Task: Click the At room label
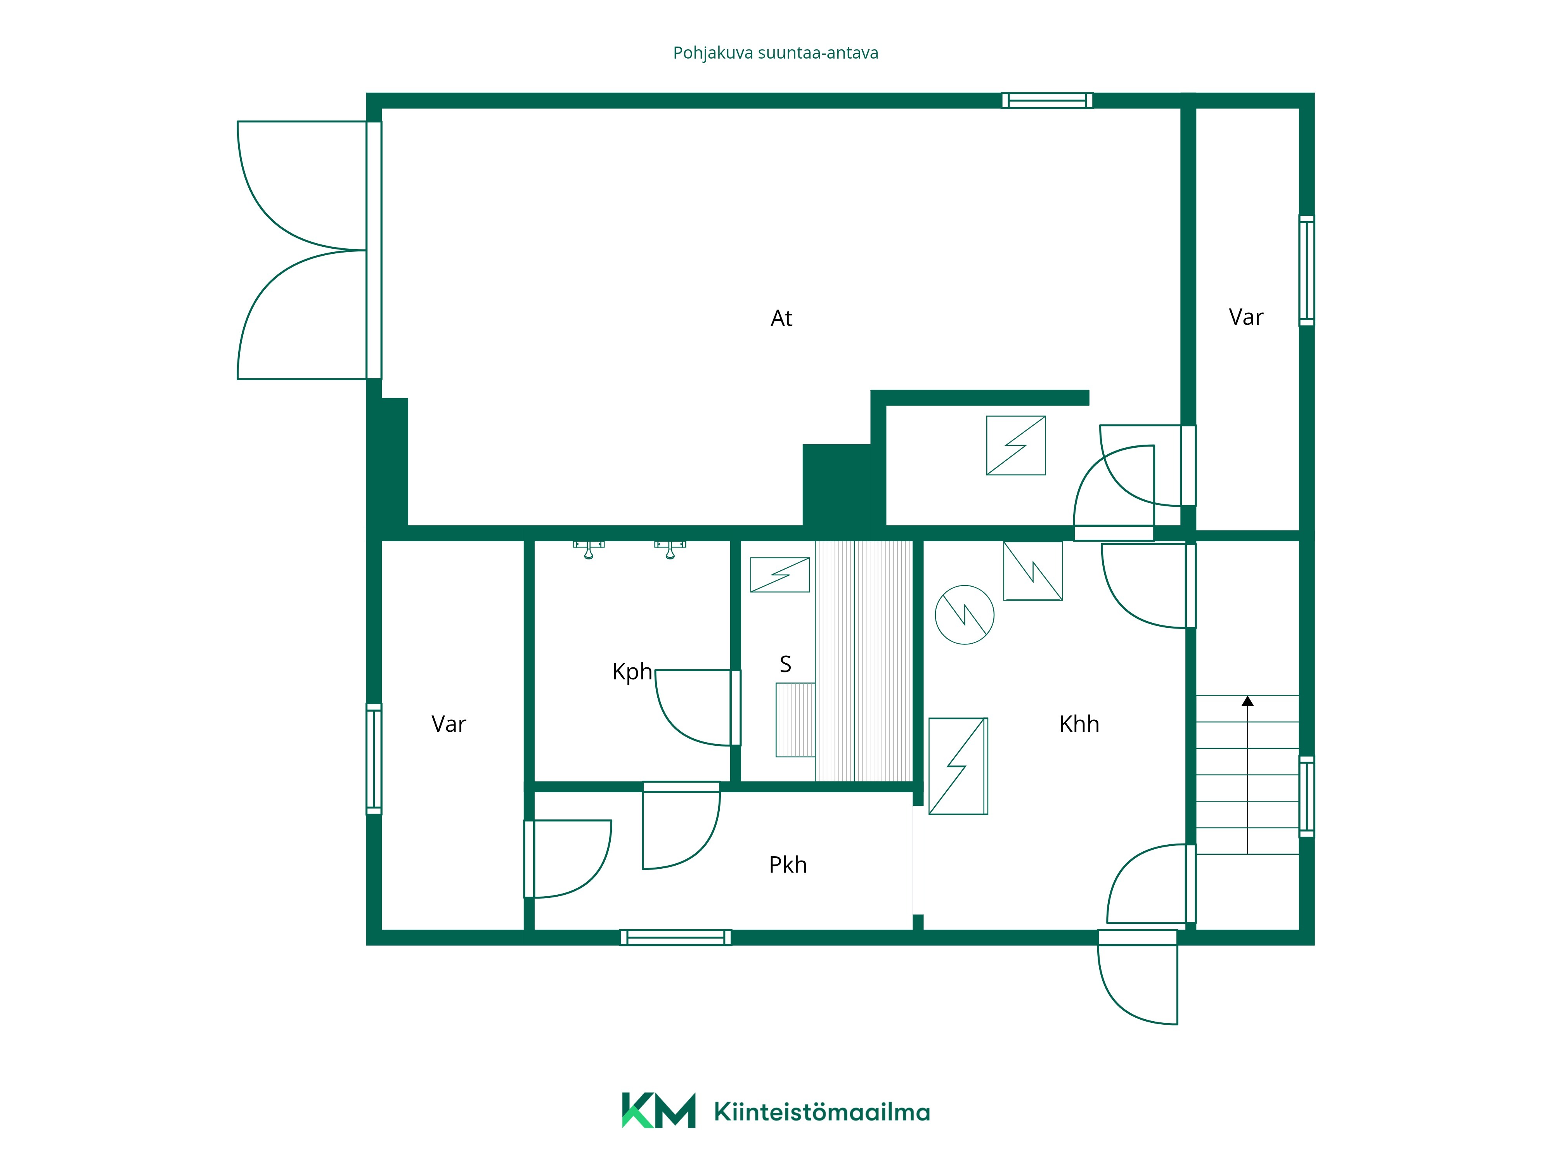point(781,319)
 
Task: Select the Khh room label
point(1079,724)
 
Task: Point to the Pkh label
point(788,865)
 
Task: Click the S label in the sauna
point(786,664)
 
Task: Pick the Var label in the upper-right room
point(1246,317)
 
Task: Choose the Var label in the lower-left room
point(449,724)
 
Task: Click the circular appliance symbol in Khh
point(965,615)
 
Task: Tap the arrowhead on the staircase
point(1247,700)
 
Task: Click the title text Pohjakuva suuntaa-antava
point(775,53)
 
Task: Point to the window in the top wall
point(1047,100)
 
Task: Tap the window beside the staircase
point(1306,796)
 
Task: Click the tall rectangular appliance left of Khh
point(958,766)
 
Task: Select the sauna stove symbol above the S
point(780,575)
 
